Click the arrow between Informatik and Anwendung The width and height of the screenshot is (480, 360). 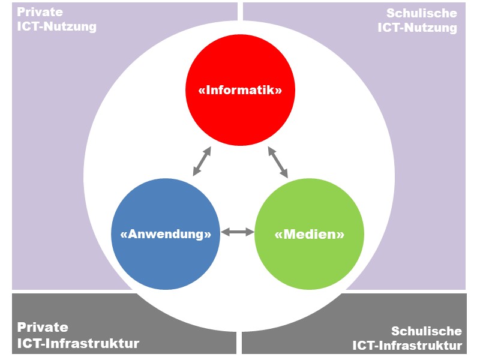202,161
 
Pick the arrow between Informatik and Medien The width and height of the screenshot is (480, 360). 278,162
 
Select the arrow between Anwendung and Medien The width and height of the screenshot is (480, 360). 238,232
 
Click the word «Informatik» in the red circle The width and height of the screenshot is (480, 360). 240,91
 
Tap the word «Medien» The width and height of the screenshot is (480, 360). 309,234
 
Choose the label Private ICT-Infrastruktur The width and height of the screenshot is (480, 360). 78,335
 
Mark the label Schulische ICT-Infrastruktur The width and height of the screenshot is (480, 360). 407,338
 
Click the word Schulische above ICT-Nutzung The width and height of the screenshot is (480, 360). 422,13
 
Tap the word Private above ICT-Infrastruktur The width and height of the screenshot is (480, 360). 43,328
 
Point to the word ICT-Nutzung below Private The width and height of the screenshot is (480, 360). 56,26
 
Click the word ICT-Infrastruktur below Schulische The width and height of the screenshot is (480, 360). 407,346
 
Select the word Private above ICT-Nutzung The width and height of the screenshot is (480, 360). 40,12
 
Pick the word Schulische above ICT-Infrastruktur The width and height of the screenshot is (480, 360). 427,331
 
